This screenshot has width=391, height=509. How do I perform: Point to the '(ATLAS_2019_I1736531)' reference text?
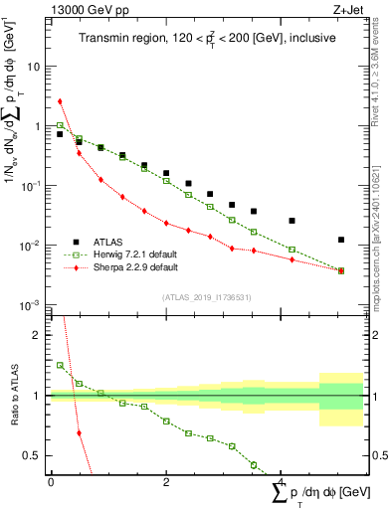[207, 297]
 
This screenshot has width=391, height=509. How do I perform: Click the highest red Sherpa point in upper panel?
[61, 101]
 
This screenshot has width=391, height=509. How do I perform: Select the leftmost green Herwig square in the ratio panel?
[61, 366]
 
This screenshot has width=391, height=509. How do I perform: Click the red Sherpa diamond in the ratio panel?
[79, 433]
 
